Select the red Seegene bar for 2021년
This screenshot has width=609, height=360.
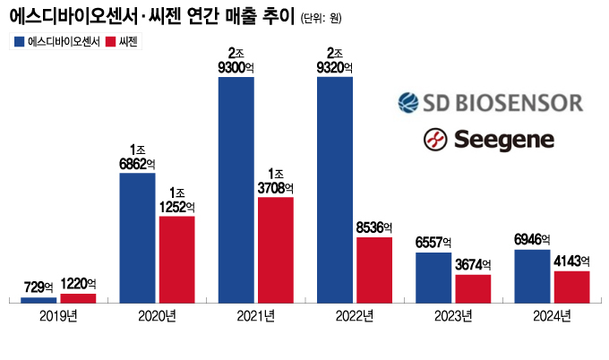275,250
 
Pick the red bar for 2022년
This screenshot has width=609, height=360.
373,270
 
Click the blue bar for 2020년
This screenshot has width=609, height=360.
137,237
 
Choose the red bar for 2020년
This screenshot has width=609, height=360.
176,259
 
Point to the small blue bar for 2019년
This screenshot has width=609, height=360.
39,299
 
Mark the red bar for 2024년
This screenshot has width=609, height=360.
571,287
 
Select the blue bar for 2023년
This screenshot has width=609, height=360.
433,278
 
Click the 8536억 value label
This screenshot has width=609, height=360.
373,228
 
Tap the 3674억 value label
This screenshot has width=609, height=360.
473,266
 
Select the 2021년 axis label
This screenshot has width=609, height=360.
256,316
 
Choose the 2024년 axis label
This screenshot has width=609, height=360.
552,316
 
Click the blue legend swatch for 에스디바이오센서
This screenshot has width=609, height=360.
20,41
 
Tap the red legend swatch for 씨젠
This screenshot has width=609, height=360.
111,41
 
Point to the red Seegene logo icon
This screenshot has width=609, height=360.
435,139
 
